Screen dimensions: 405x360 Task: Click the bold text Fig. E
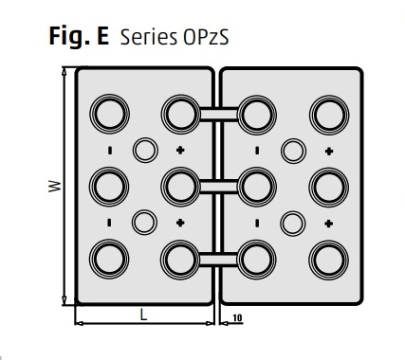click(x=79, y=36)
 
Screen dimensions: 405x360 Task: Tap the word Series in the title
click(x=149, y=37)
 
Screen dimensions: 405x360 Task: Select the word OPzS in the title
click(x=206, y=37)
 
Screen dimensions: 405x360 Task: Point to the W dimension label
click(x=54, y=186)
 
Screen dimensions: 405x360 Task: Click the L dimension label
click(x=143, y=315)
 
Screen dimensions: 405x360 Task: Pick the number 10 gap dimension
click(x=237, y=317)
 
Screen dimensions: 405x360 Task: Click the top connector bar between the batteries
click(x=219, y=115)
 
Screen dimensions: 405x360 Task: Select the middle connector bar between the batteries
click(x=219, y=187)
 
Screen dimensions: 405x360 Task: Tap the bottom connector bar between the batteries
click(x=219, y=260)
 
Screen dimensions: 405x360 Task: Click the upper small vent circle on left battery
click(x=145, y=150)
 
